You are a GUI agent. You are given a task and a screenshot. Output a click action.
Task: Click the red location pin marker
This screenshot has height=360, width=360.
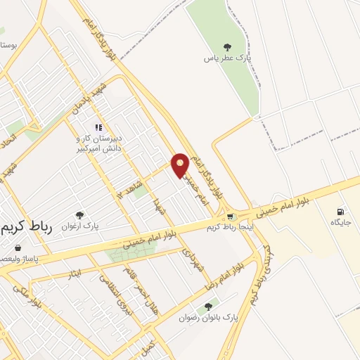[181, 165]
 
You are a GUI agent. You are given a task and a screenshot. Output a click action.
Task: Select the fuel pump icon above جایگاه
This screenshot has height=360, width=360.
[341, 211]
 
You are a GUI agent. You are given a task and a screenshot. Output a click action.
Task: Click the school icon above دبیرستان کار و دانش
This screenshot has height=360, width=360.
[99, 127]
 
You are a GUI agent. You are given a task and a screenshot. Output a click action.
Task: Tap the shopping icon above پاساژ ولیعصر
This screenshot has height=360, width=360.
[18, 247]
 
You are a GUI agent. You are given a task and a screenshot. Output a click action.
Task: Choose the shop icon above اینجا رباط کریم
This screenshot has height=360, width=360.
[230, 216]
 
